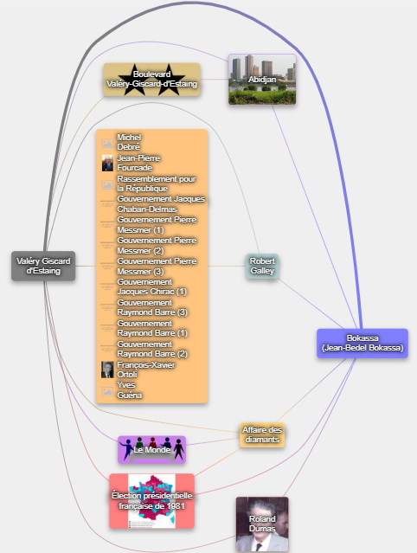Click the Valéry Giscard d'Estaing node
[x=43, y=266]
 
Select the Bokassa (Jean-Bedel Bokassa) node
[x=362, y=344]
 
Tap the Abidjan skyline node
[x=262, y=80]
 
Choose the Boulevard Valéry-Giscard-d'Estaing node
[x=152, y=80]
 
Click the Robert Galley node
[x=262, y=266]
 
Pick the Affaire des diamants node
[x=262, y=434]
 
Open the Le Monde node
[x=152, y=450]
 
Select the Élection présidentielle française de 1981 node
[x=152, y=501]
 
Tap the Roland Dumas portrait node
[x=262, y=524]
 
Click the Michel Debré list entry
[x=129, y=142]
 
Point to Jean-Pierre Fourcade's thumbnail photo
[x=107, y=163]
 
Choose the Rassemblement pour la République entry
[x=156, y=183]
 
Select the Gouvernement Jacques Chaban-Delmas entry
[x=161, y=204]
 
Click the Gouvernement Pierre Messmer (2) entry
[x=157, y=246]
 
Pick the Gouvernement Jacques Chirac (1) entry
[x=151, y=287]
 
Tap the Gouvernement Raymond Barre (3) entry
[x=152, y=308]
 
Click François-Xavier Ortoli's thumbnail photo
[x=107, y=370]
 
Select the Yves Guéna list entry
[x=130, y=390]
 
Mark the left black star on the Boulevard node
[x=135, y=80]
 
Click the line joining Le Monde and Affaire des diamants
[x=213, y=441]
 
